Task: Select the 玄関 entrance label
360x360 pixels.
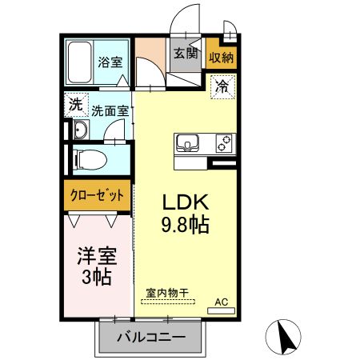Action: tap(186, 54)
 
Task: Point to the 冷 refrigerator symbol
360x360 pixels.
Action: tap(222, 86)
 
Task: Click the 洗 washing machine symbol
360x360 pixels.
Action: tap(74, 104)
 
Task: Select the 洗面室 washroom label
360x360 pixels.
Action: tap(110, 111)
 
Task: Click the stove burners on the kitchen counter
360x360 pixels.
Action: tap(222, 144)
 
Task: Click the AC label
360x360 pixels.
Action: tap(222, 302)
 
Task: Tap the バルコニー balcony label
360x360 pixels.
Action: tap(150, 338)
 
